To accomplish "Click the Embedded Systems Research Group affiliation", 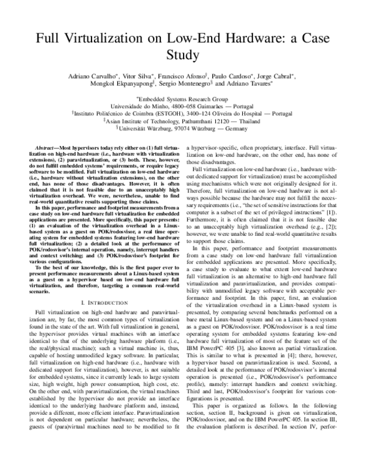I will pos(182,98).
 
